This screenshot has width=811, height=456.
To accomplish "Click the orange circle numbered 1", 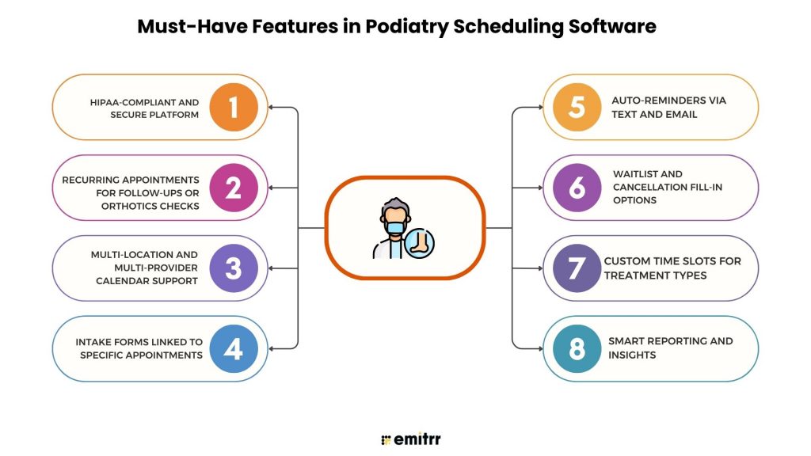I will coord(234,107).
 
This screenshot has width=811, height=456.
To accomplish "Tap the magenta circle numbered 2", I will coord(234,188).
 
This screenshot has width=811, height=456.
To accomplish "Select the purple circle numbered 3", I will coord(234,268).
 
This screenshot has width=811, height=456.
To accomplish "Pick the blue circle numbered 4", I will coord(234,348).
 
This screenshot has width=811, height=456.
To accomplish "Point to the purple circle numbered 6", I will coord(577,188).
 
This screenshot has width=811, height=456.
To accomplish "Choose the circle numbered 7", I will coord(577,268).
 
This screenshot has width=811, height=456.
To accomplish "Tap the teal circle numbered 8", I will coord(577,348).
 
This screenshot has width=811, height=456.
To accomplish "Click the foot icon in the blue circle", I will coord(419,242).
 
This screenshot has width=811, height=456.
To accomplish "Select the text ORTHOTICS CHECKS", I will coord(150,206).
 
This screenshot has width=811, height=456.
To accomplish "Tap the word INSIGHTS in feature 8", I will coord(633,355).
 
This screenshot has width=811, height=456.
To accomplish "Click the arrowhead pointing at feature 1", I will coord(272,107).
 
